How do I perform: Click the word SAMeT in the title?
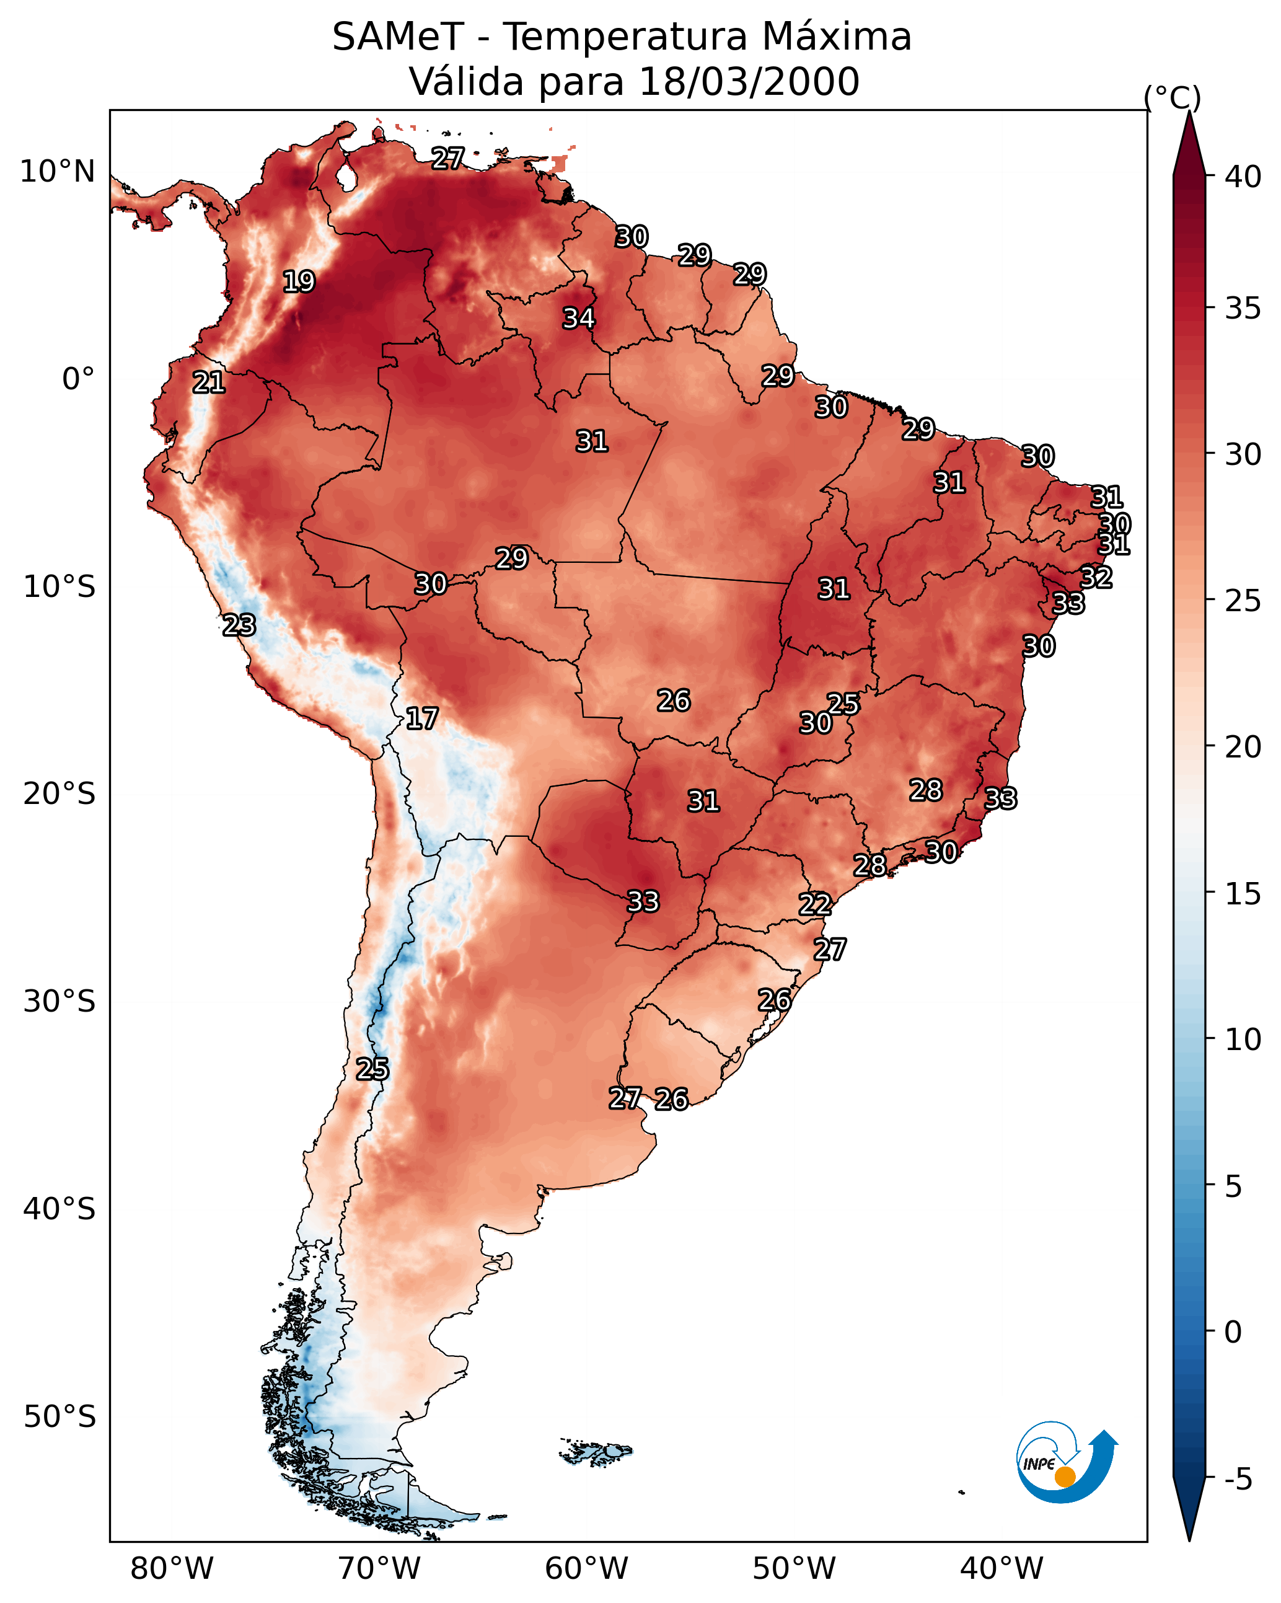398,37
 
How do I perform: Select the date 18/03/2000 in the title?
749,82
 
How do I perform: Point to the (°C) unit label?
1173,97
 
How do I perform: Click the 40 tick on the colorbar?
1243,177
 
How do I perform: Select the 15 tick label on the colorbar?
1243,894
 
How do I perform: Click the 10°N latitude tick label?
57,172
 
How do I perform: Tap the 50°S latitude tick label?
59,1416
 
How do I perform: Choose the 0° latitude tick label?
78,379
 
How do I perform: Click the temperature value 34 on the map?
578,318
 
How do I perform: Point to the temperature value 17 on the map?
421,718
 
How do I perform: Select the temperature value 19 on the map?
299,282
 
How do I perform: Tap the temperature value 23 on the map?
239,625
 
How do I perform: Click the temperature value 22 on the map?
815,904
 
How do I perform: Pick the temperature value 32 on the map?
1096,577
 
